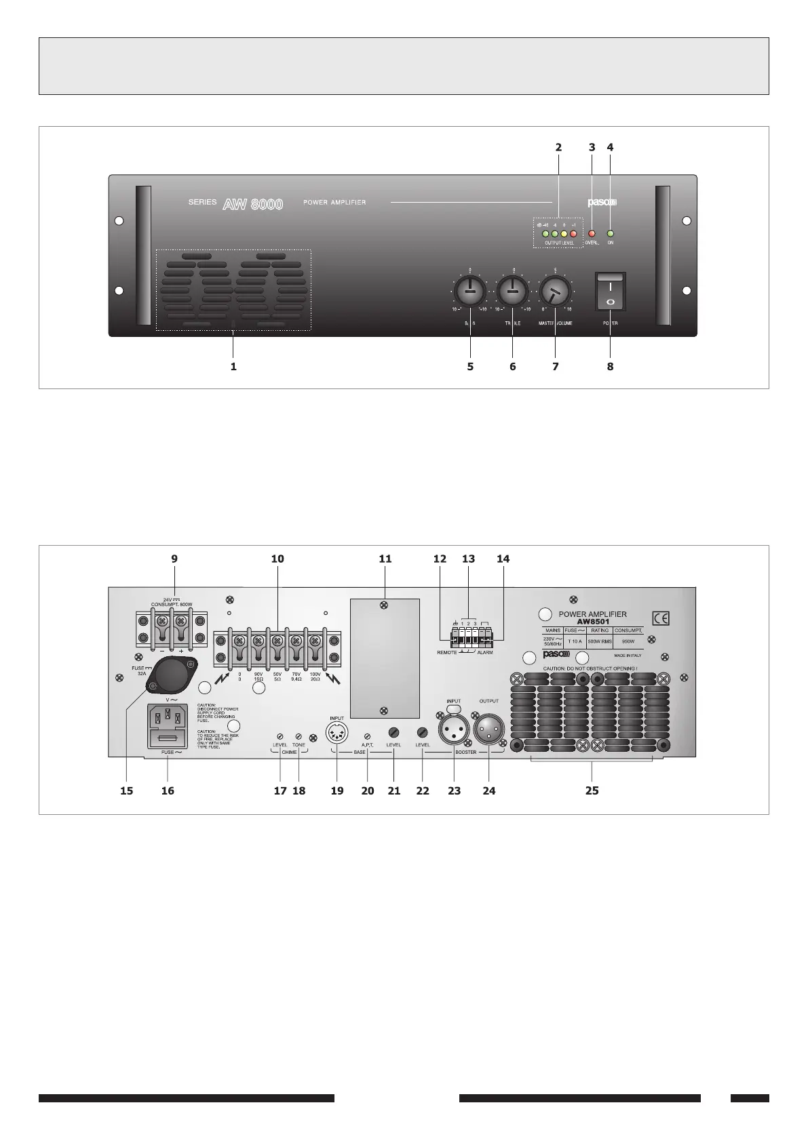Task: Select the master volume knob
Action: point(556,293)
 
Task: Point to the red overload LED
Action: point(591,234)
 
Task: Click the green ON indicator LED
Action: point(610,234)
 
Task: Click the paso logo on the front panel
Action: point(601,202)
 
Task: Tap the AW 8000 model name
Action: point(252,203)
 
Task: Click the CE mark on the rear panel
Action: point(661,618)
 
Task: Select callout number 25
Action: point(592,790)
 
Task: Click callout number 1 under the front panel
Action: point(233,366)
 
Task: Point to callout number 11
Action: point(385,559)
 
